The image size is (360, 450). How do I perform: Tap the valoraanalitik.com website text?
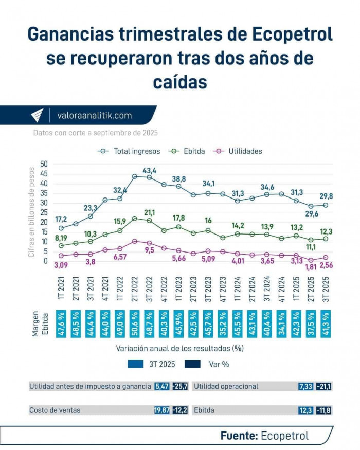coord(94,116)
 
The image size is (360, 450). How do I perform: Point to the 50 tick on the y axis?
coord(44,164)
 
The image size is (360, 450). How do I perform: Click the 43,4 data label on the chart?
coord(150,170)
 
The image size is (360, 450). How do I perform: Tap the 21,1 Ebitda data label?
coord(150,212)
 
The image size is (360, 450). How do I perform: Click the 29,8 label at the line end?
coord(326,196)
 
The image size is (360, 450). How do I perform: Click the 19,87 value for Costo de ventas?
coord(162,410)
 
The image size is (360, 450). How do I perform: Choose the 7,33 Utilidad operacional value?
coord(305,386)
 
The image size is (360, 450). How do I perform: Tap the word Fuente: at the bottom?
coord(239,436)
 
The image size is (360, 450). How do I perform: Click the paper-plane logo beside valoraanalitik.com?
coord(37,116)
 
